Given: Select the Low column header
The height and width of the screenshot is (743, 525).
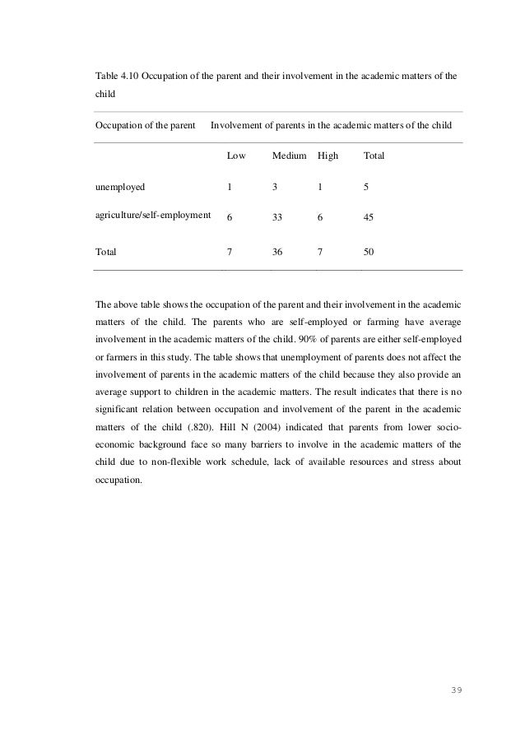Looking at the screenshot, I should click(236, 155).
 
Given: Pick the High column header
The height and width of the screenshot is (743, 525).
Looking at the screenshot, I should click(328, 155).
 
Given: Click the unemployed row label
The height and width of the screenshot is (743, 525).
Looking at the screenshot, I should click(120, 186).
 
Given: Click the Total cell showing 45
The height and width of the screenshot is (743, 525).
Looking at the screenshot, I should click(369, 219).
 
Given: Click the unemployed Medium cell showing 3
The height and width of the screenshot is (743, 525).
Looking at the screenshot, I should click(275, 186).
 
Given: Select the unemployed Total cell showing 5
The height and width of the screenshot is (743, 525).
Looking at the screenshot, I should click(365, 186).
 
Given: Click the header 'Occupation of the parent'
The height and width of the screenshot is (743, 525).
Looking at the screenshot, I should click(146, 126).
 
